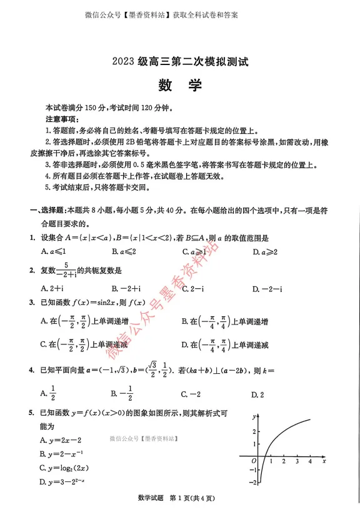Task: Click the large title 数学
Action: tap(179, 86)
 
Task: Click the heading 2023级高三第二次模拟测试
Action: tap(180, 62)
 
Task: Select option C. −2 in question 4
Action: tap(190, 394)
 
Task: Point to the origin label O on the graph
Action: tap(253, 461)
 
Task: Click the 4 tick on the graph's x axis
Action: tap(311, 461)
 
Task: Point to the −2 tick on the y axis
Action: tap(252, 482)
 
